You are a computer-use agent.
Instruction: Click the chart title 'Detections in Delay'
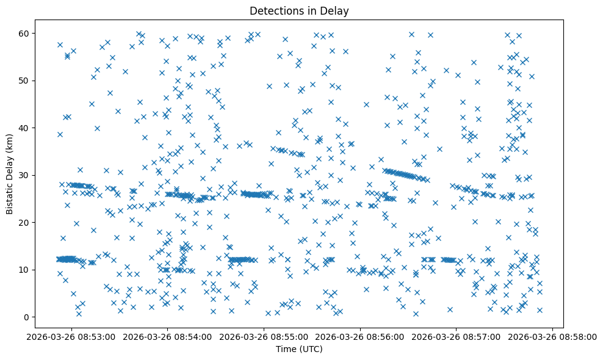pyautogui.click(x=299, y=10)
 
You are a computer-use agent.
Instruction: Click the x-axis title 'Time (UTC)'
pyautogui.click(x=299, y=349)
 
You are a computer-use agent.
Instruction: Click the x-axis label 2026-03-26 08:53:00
pyautogui.click(x=72, y=336)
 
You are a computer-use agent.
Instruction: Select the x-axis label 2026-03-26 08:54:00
pyautogui.click(x=168, y=336)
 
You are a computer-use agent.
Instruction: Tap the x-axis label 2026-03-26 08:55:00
pyautogui.click(x=265, y=336)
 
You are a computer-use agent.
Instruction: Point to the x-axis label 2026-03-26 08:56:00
pyautogui.click(x=361, y=336)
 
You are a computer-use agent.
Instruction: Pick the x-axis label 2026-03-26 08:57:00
pyautogui.click(x=457, y=336)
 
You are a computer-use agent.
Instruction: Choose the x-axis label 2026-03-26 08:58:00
pyautogui.click(x=553, y=336)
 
